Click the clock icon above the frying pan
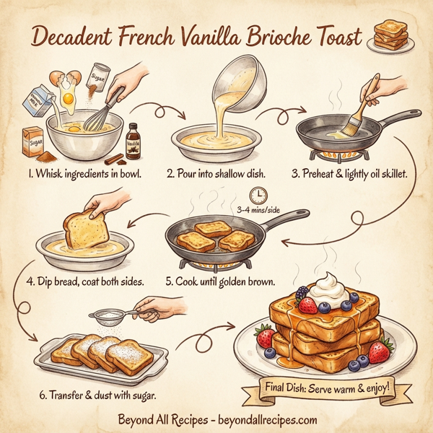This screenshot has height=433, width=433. click(256, 195)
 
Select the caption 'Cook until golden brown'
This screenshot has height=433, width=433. click(219, 281)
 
